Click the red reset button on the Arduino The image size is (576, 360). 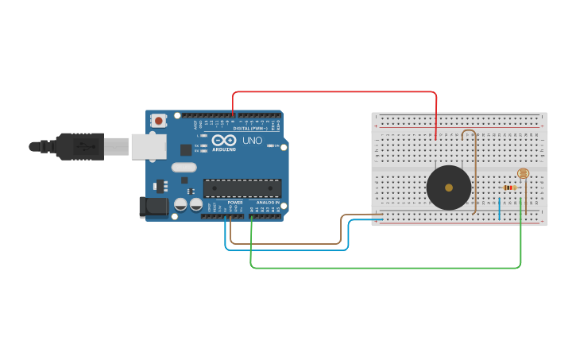pyautogui.click(x=159, y=121)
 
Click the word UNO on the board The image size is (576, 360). pyautogui.click(x=252, y=141)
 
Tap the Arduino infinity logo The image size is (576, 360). pyautogui.click(x=224, y=140)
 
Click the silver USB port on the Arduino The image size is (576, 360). pyautogui.click(x=149, y=146)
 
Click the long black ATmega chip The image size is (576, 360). pyautogui.click(x=242, y=188)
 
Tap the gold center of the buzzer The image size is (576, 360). pyautogui.click(x=449, y=188)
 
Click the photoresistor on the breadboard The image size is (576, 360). pyautogui.click(x=523, y=173)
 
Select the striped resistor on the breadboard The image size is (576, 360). pyautogui.click(x=512, y=188)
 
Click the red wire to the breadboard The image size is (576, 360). pyautogui.click(x=334, y=92)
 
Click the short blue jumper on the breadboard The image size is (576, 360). pyautogui.click(x=500, y=208)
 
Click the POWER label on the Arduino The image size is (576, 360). pyautogui.click(x=235, y=203)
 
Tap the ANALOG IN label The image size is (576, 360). pyautogui.click(x=267, y=203)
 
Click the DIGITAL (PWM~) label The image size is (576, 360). pyautogui.click(x=253, y=128)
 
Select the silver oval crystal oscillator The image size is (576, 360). pyautogui.click(x=183, y=167)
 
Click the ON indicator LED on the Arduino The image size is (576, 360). pyautogui.click(x=271, y=146)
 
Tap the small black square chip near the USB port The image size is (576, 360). pyautogui.click(x=186, y=149)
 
